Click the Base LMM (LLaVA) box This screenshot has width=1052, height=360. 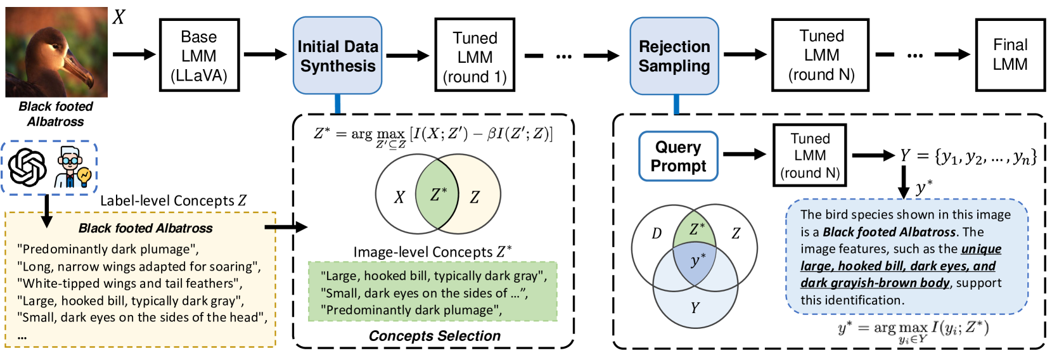[199, 55]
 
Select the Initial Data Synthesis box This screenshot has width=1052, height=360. [337, 56]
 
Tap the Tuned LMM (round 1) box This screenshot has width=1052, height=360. [475, 56]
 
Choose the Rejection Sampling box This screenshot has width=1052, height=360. [674, 56]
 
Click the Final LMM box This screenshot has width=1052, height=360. [1010, 55]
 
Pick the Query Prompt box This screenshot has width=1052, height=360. [678, 156]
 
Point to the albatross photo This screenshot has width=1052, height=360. [56, 52]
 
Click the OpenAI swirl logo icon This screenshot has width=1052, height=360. [28, 167]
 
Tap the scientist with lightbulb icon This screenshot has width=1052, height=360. [73, 167]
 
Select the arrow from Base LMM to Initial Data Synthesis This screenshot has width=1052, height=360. [266, 55]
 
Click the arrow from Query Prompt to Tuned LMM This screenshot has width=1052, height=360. [745, 154]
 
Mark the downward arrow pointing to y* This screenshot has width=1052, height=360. [904, 183]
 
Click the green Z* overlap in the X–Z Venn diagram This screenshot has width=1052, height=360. [438, 195]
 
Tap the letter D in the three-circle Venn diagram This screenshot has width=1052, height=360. [657, 233]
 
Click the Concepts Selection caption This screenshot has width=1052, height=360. [435, 336]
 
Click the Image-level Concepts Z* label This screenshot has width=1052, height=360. [433, 252]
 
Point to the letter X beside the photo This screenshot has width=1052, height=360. [119, 17]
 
